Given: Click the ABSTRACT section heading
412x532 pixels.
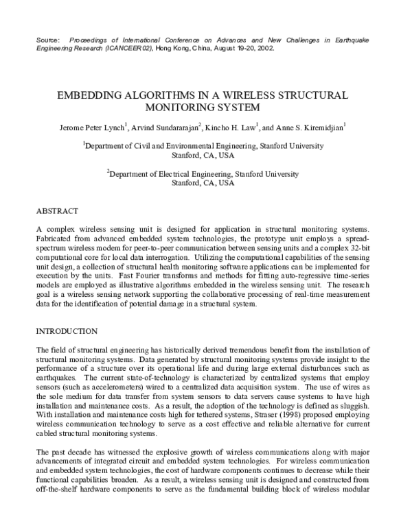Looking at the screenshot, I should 57,211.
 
